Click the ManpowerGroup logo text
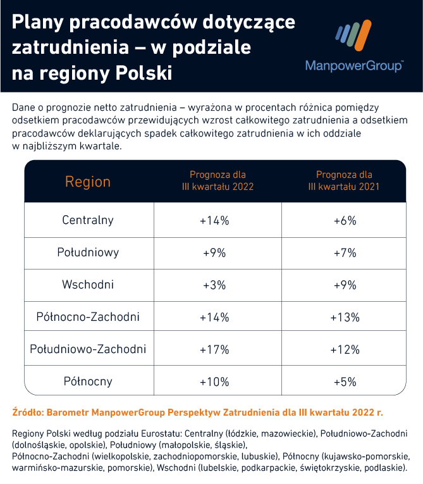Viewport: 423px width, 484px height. (x=353, y=66)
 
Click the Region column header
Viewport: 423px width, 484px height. (x=88, y=182)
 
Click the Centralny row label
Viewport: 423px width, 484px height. (x=88, y=220)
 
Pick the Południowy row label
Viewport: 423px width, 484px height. (x=88, y=252)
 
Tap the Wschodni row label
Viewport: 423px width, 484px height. (x=88, y=285)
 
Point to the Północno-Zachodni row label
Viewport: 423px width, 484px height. (x=88, y=317)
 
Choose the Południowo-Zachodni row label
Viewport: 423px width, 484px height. (x=88, y=349)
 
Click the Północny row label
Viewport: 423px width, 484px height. (x=88, y=382)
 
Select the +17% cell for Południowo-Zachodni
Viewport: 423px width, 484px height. (x=214, y=349)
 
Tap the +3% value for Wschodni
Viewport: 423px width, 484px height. (x=214, y=285)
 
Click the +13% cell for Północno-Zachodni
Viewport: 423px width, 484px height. (x=345, y=317)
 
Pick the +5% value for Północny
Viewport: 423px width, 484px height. (x=345, y=382)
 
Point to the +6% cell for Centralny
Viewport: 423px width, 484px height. (x=345, y=220)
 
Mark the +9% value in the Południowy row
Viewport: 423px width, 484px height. (x=214, y=252)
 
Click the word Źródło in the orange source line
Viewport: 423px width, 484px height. (x=27, y=413)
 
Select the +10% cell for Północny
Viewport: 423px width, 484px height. (x=214, y=382)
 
